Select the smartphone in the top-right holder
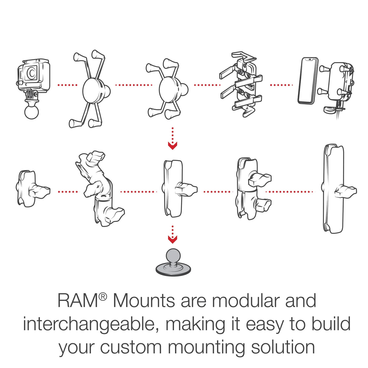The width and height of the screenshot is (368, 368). (x=308, y=81)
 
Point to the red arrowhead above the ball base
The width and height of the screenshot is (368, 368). (x=172, y=240)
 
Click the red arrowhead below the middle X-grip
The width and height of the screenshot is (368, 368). (x=172, y=146)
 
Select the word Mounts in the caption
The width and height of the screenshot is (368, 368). (x=144, y=301)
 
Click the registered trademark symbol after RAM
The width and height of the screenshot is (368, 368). (x=103, y=297)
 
